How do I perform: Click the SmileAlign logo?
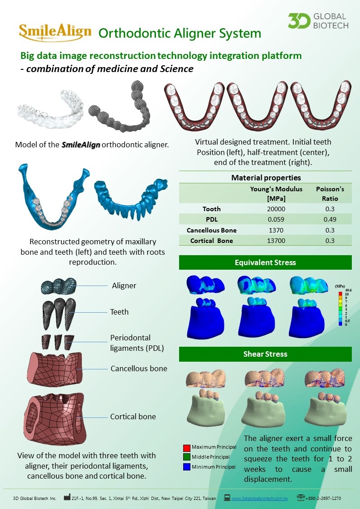[x=55, y=32]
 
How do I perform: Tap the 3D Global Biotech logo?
[x=318, y=21]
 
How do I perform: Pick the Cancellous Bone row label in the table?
[x=212, y=230]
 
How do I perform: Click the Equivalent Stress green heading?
[x=265, y=262]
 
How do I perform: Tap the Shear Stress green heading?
[x=265, y=354]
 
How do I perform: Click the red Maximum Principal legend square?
[x=185, y=448]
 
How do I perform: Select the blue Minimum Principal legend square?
[x=185, y=467]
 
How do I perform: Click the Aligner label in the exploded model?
[x=124, y=286]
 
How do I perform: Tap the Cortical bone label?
[x=133, y=417]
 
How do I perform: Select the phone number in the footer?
[x=325, y=498]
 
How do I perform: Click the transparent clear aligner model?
[x=50, y=109]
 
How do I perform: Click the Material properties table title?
[x=266, y=178]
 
